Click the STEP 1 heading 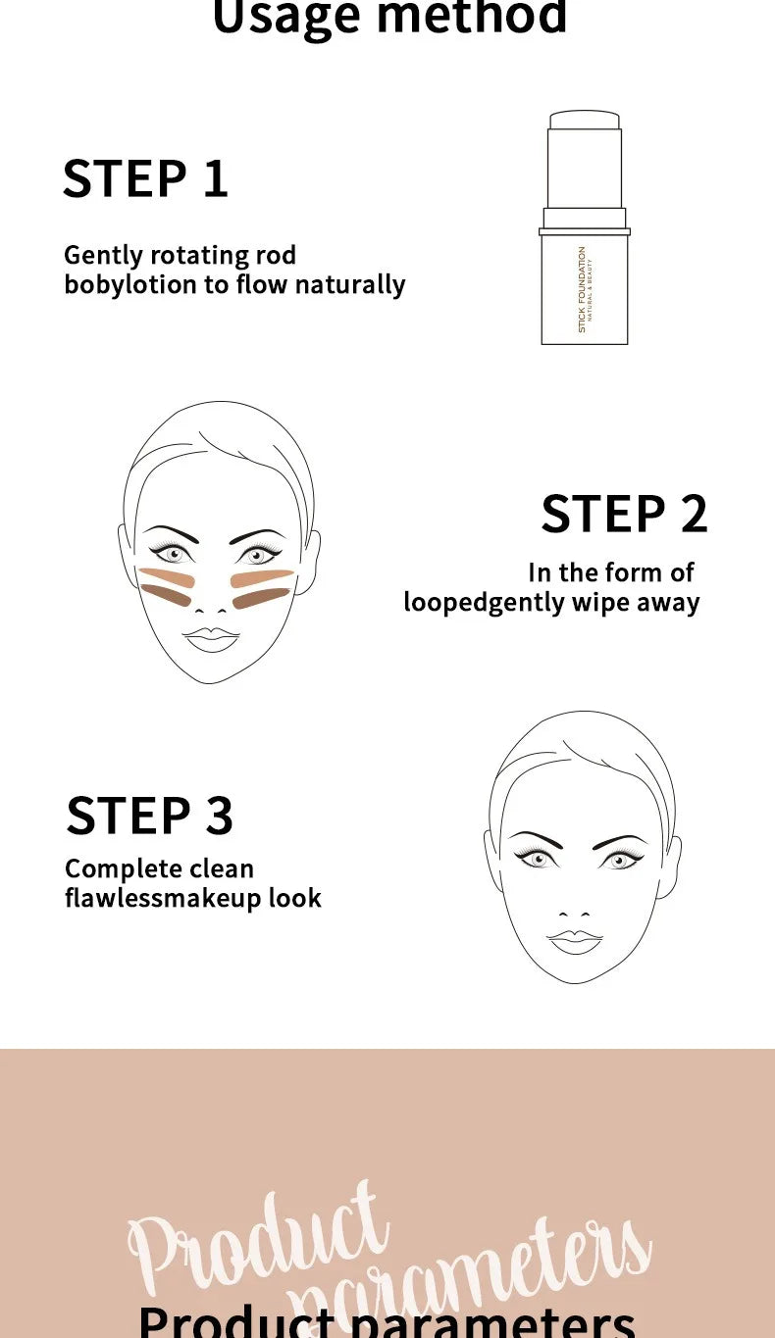click(145, 179)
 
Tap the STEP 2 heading click(624, 515)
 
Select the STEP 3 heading click(149, 816)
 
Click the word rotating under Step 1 click(191, 256)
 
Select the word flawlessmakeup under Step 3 click(162, 898)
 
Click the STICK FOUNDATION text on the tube click(582, 288)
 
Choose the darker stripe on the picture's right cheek click(260, 598)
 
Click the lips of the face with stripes click(212, 639)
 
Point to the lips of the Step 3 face click(575, 941)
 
